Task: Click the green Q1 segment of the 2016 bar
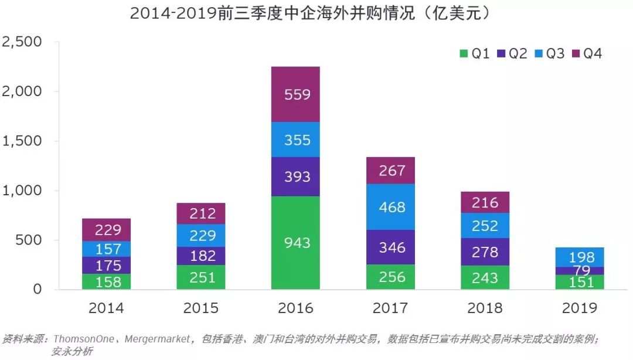(295, 242)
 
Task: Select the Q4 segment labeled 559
(295, 94)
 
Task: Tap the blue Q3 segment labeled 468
(390, 207)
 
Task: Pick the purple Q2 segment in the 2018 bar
(485, 252)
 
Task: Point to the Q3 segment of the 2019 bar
(580, 257)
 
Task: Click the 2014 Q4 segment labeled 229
(106, 230)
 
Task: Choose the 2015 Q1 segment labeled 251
(200, 277)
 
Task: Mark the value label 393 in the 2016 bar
(297, 176)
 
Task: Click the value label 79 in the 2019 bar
(582, 270)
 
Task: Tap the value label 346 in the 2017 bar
(392, 247)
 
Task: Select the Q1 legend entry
(475, 53)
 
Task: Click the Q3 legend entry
(549, 53)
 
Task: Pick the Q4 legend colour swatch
(576, 53)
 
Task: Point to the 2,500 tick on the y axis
(22, 42)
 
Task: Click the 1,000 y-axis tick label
(22, 191)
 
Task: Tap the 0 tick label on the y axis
(37, 289)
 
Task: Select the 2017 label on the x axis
(390, 308)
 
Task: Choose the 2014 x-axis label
(106, 308)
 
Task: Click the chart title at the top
(310, 13)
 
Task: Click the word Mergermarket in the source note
(157, 338)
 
